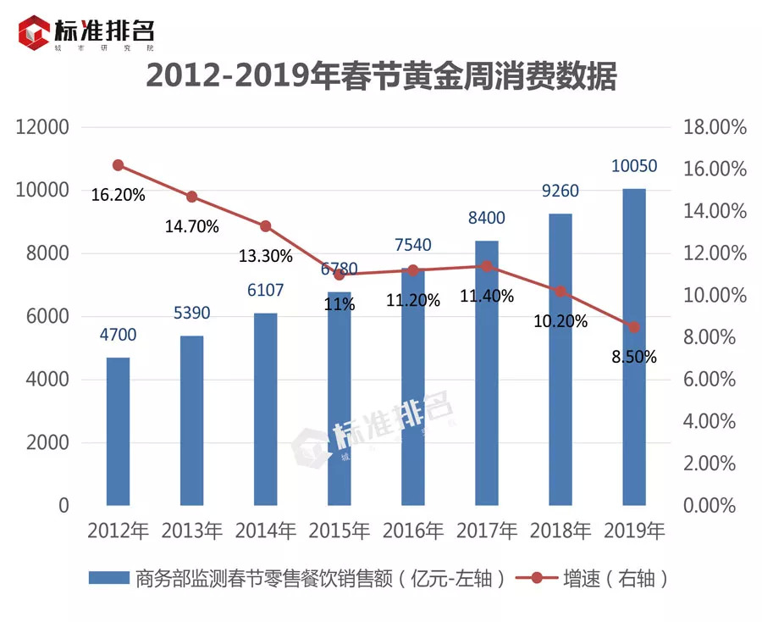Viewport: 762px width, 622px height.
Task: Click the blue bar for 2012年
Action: tap(118, 431)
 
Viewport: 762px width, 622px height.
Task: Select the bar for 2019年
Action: tap(634, 347)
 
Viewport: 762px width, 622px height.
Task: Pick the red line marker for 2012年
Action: tap(118, 165)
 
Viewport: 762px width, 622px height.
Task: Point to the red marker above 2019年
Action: tap(634, 327)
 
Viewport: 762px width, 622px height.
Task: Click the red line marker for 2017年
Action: tap(486, 266)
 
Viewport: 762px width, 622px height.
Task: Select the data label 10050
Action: tap(634, 166)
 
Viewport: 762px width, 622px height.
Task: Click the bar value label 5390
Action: tap(191, 314)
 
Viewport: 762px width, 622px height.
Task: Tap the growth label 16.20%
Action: tap(118, 195)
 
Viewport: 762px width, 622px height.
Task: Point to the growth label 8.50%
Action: tap(634, 357)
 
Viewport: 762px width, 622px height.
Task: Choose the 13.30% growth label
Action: tap(265, 255)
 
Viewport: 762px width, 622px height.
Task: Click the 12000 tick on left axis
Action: tap(42, 128)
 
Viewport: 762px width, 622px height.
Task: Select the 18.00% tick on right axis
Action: tap(715, 128)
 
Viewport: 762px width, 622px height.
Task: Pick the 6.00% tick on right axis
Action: tap(719, 380)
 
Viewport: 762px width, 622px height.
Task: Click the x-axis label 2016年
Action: tap(412, 531)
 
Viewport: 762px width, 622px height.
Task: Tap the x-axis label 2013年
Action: tap(191, 531)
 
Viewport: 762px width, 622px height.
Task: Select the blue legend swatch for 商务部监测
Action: tap(108, 579)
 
